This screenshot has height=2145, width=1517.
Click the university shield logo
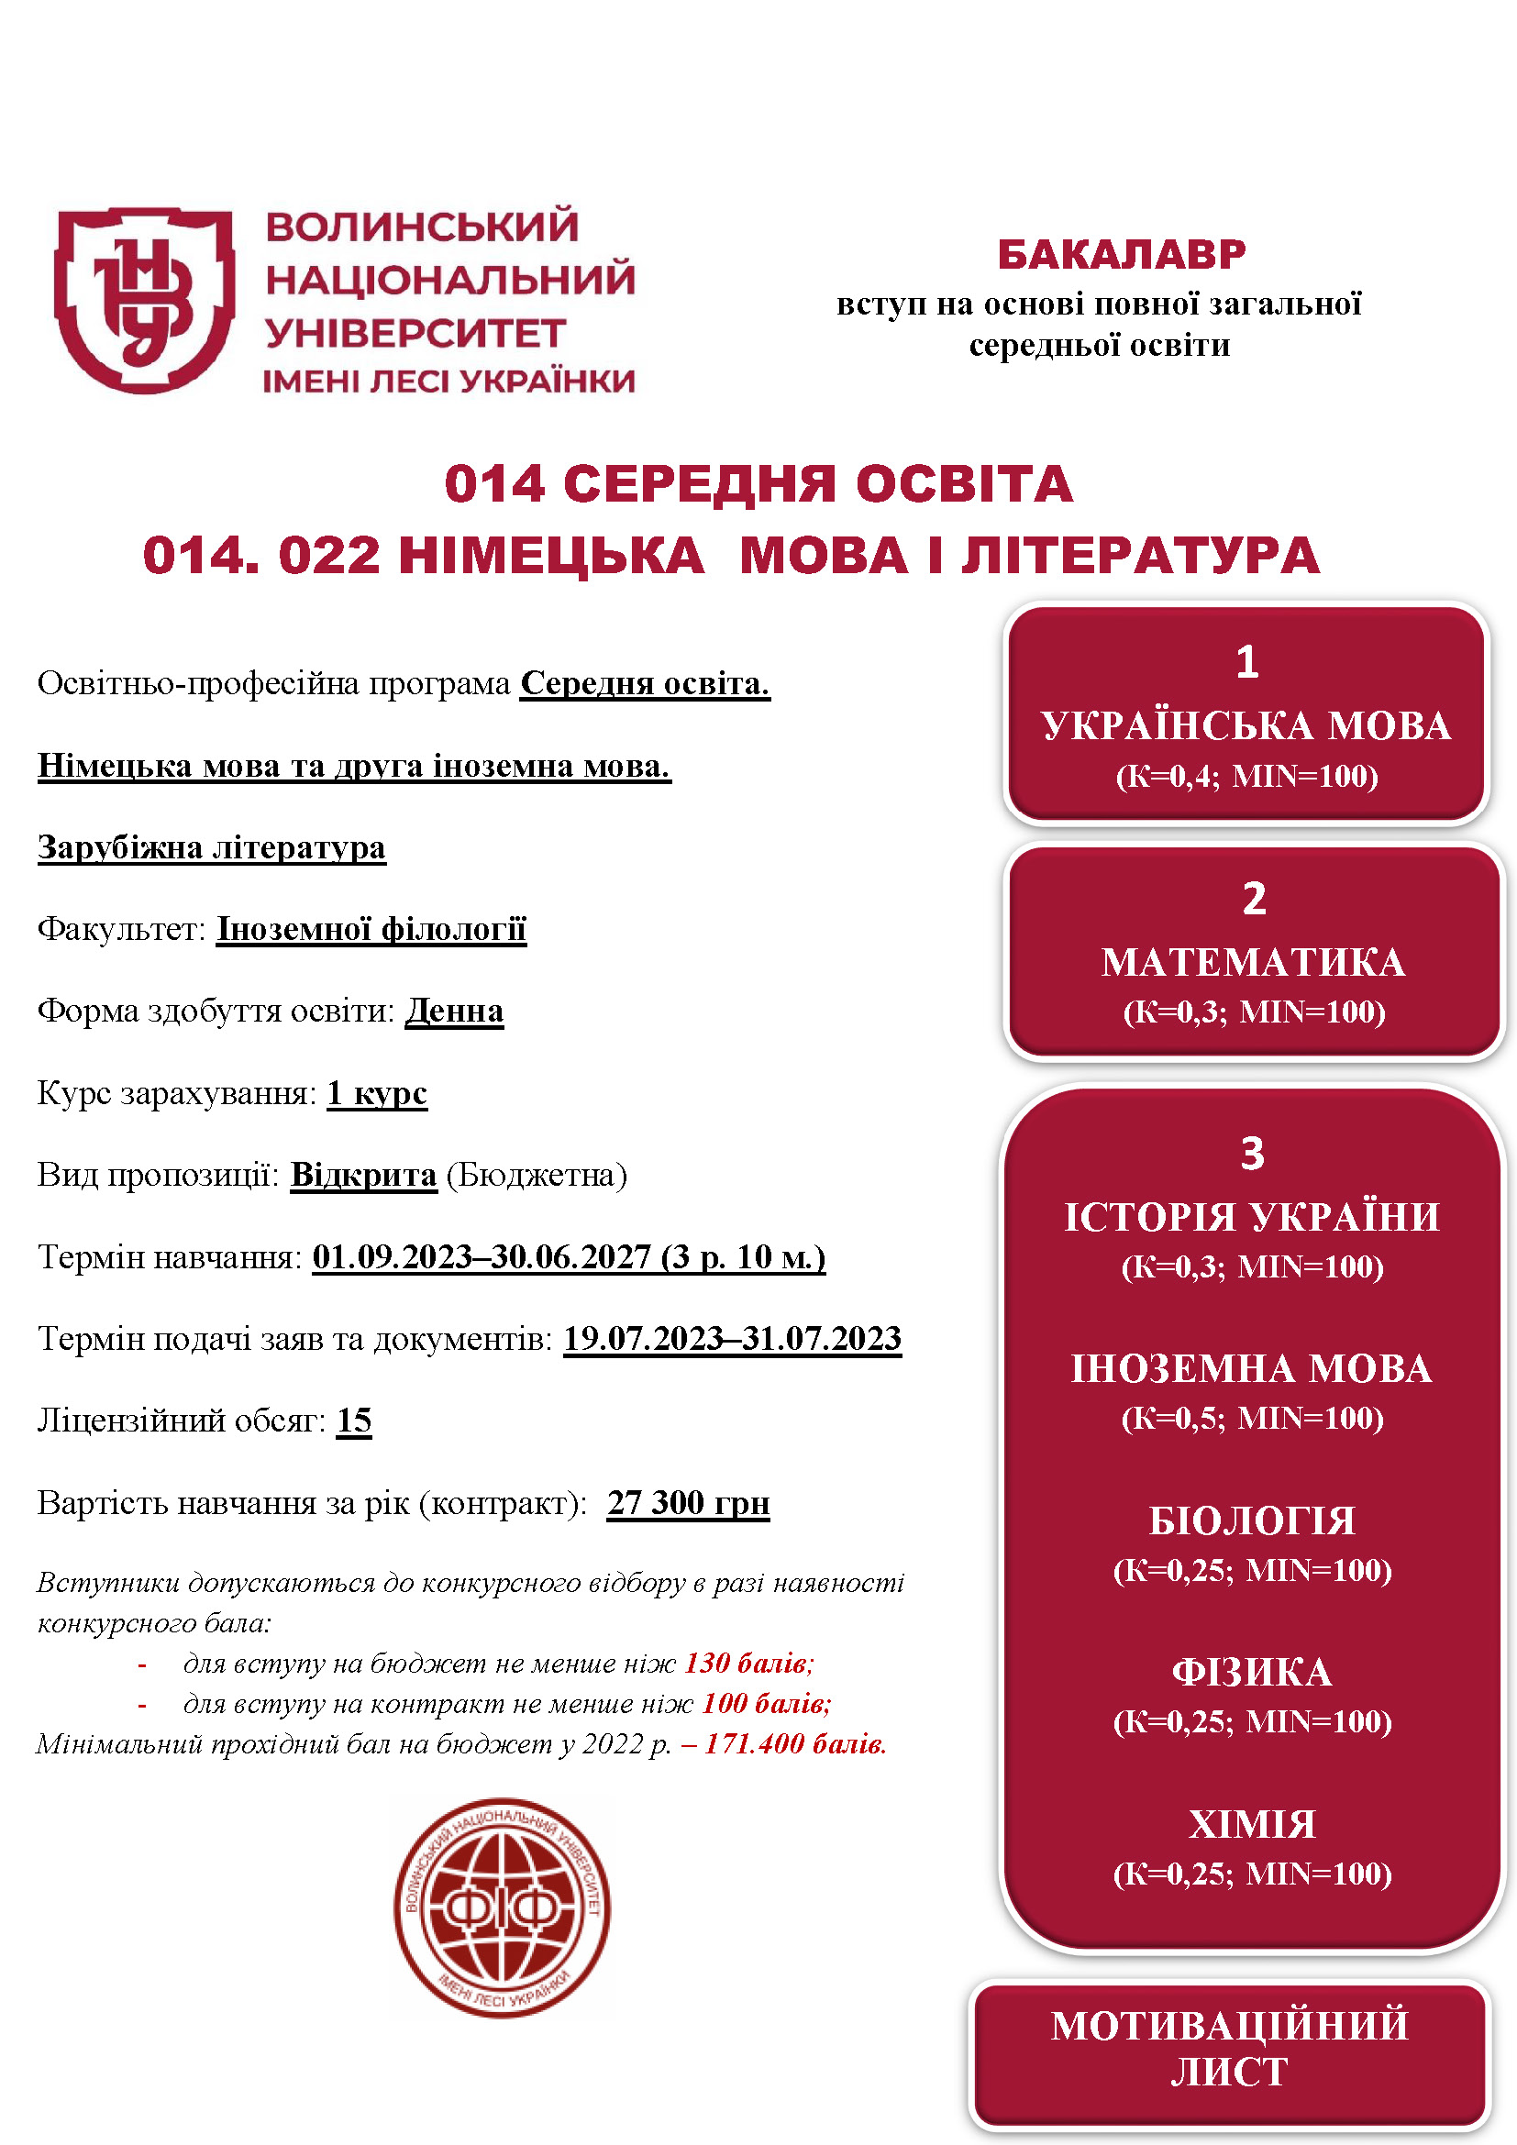pyautogui.click(x=144, y=299)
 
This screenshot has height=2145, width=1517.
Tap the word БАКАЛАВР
pyautogui.click(x=1121, y=255)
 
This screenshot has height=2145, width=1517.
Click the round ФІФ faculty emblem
pyautogui.click(x=502, y=1907)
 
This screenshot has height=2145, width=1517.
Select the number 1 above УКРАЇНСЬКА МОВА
pyautogui.click(x=1247, y=662)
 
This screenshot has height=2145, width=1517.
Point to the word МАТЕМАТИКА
pyautogui.click(x=1253, y=962)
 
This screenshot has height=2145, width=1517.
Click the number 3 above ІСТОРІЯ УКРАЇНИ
pyautogui.click(x=1252, y=1154)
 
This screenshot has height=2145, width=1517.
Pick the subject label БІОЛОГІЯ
pyautogui.click(x=1252, y=1520)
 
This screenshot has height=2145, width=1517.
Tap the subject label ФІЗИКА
pyautogui.click(x=1252, y=1673)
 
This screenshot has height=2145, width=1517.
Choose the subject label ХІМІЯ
pyautogui.click(x=1252, y=1825)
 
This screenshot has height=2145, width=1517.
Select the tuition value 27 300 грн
pyautogui.click(x=689, y=1503)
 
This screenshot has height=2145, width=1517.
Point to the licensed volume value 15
pyautogui.click(x=354, y=1421)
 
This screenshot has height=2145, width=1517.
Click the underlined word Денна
pyautogui.click(x=454, y=1011)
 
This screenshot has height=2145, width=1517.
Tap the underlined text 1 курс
pyautogui.click(x=376, y=1093)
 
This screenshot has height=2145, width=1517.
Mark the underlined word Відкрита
pyautogui.click(x=363, y=1176)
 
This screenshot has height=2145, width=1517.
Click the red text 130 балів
pyautogui.click(x=749, y=1664)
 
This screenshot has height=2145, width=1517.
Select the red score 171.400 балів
pyautogui.click(x=794, y=1744)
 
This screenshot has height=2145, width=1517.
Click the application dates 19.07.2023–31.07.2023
pyautogui.click(x=732, y=1339)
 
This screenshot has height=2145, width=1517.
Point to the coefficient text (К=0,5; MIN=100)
pyautogui.click(x=1252, y=1418)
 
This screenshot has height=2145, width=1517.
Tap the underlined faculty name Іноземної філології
pyautogui.click(x=371, y=930)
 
